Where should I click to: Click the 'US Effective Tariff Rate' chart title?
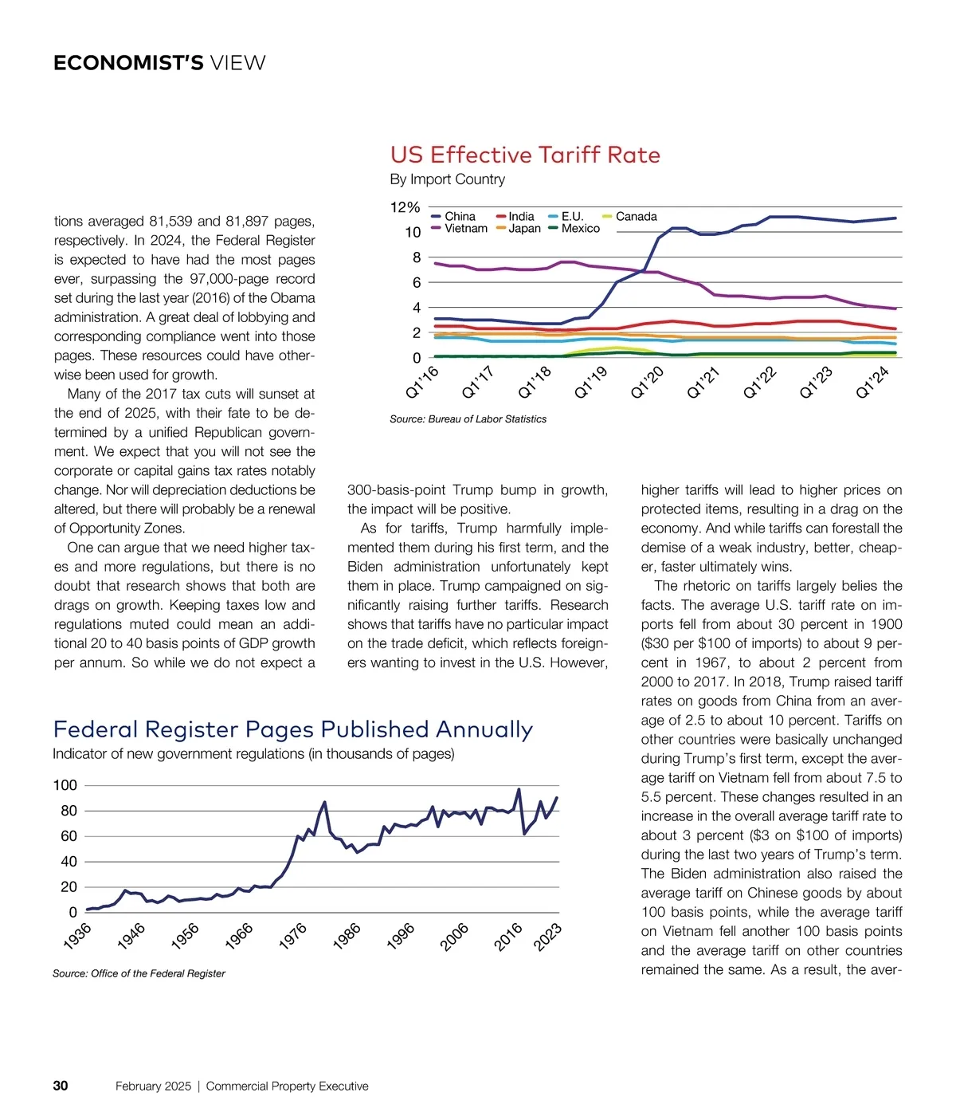pyautogui.click(x=525, y=155)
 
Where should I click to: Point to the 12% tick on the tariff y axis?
pyautogui.click(x=405, y=207)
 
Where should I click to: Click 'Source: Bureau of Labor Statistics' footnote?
pyautogui.click(x=468, y=419)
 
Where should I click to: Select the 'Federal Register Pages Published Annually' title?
pyautogui.click(x=292, y=729)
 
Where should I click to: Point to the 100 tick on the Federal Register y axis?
pyautogui.click(x=65, y=785)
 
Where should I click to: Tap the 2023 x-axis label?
pyautogui.click(x=548, y=937)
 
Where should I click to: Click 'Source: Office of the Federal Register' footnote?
pyautogui.click(x=139, y=973)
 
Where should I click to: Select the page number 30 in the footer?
pyautogui.click(x=61, y=1086)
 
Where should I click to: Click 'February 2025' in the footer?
pyautogui.click(x=153, y=1087)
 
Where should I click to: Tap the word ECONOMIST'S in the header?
pyautogui.click(x=128, y=63)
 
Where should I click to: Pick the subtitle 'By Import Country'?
pyautogui.click(x=447, y=179)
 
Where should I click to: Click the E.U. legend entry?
pyautogui.click(x=571, y=217)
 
